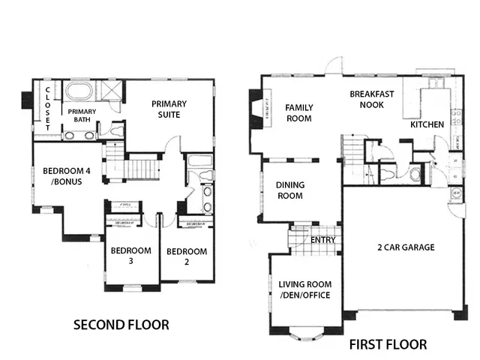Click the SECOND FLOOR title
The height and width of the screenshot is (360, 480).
click(x=120, y=325)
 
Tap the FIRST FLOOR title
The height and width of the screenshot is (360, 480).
click(x=388, y=345)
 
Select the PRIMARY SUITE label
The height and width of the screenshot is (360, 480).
click(x=169, y=109)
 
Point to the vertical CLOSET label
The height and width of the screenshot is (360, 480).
click(x=47, y=109)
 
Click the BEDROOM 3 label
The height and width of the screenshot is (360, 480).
click(x=130, y=256)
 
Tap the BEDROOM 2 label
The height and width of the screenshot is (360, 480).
click(x=187, y=256)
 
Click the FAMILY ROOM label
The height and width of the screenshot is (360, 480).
click(x=298, y=112)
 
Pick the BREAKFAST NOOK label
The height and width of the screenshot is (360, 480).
click(x=367, y=100)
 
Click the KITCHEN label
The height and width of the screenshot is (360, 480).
click(x=426, y=124)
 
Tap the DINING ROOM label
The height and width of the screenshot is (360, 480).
click(x=289, y=190)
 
